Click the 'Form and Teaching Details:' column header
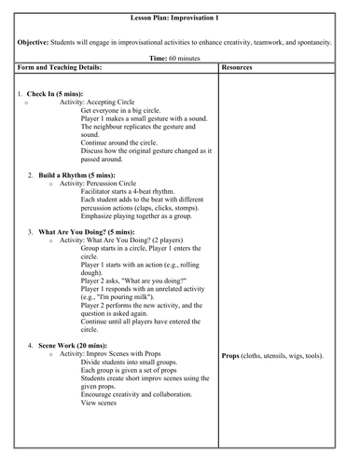pos(62,68)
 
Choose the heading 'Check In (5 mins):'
pos(54,94)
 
